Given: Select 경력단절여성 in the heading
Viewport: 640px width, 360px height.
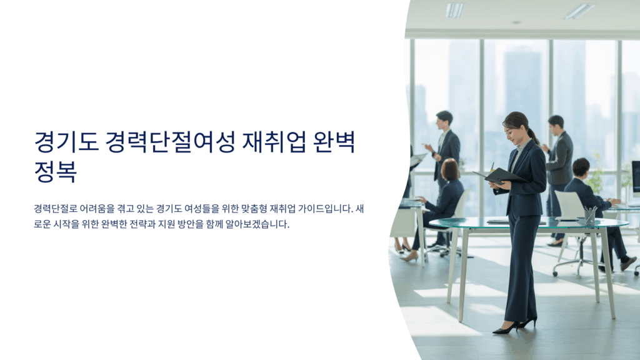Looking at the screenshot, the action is (170, 142).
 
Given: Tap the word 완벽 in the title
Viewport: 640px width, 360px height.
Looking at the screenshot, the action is (334, 142).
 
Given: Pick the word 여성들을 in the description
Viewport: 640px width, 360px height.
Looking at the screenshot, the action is (201, 209).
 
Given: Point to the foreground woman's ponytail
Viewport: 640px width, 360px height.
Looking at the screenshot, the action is (534, 136).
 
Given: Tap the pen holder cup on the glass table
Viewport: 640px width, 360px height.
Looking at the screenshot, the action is (589, 216).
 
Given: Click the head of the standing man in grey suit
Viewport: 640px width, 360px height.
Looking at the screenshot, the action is (556, 124).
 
